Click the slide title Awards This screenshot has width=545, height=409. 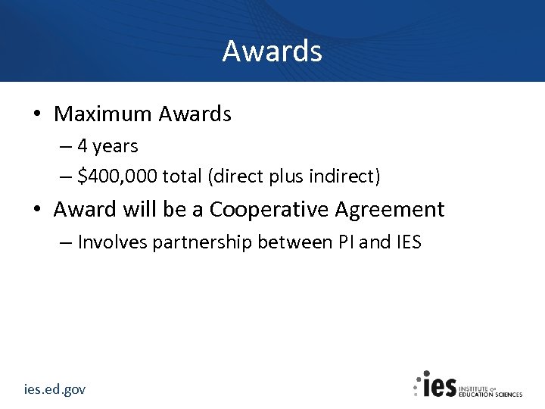[272, 52]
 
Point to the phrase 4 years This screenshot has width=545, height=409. [107, 145]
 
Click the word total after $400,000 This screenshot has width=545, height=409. [182, 176]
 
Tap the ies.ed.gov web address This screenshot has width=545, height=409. [54, 389]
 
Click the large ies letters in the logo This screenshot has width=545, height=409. [439, 386]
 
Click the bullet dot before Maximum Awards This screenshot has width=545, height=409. [36, 115]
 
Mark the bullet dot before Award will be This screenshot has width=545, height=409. [36, 210]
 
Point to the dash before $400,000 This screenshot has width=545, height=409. [66, 177]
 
